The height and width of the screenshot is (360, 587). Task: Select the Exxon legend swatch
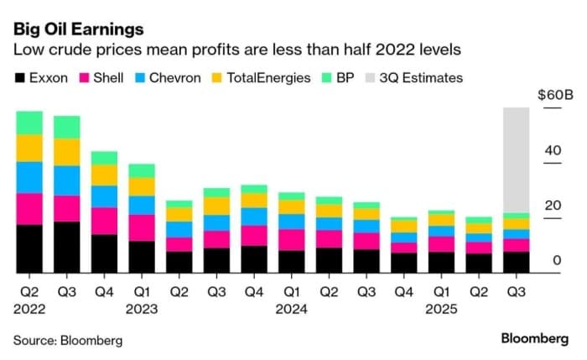click(x=21, y=78)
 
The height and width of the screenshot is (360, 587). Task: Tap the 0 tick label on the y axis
click(x=555, y=261)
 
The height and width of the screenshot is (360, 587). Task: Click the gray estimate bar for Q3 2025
click(x=515, y=159)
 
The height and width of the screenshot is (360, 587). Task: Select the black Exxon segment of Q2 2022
click(x=29, y=248)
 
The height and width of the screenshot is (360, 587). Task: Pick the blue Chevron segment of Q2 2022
click(x=29, y=177)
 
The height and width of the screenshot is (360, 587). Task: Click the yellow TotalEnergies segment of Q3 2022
click(x=67, y=152)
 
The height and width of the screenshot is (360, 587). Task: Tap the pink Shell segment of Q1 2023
click(x=142, y=227)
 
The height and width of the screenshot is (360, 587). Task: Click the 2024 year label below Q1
click(x=293, y=308)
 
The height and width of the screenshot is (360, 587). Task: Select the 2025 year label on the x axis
click(x=442, y=308)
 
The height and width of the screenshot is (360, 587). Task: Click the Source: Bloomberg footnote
click(x=68, y=340)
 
